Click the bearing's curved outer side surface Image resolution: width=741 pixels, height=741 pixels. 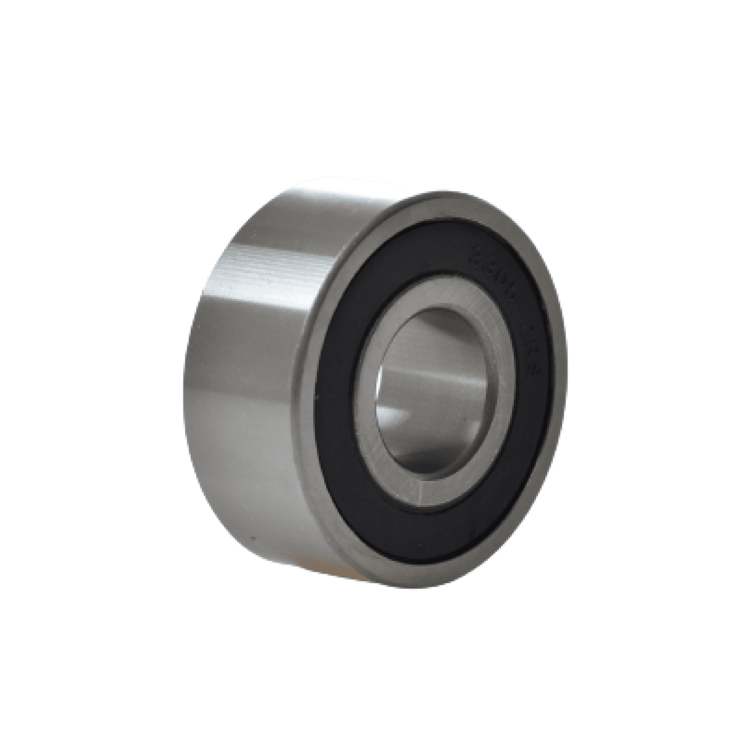click(259, 371)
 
